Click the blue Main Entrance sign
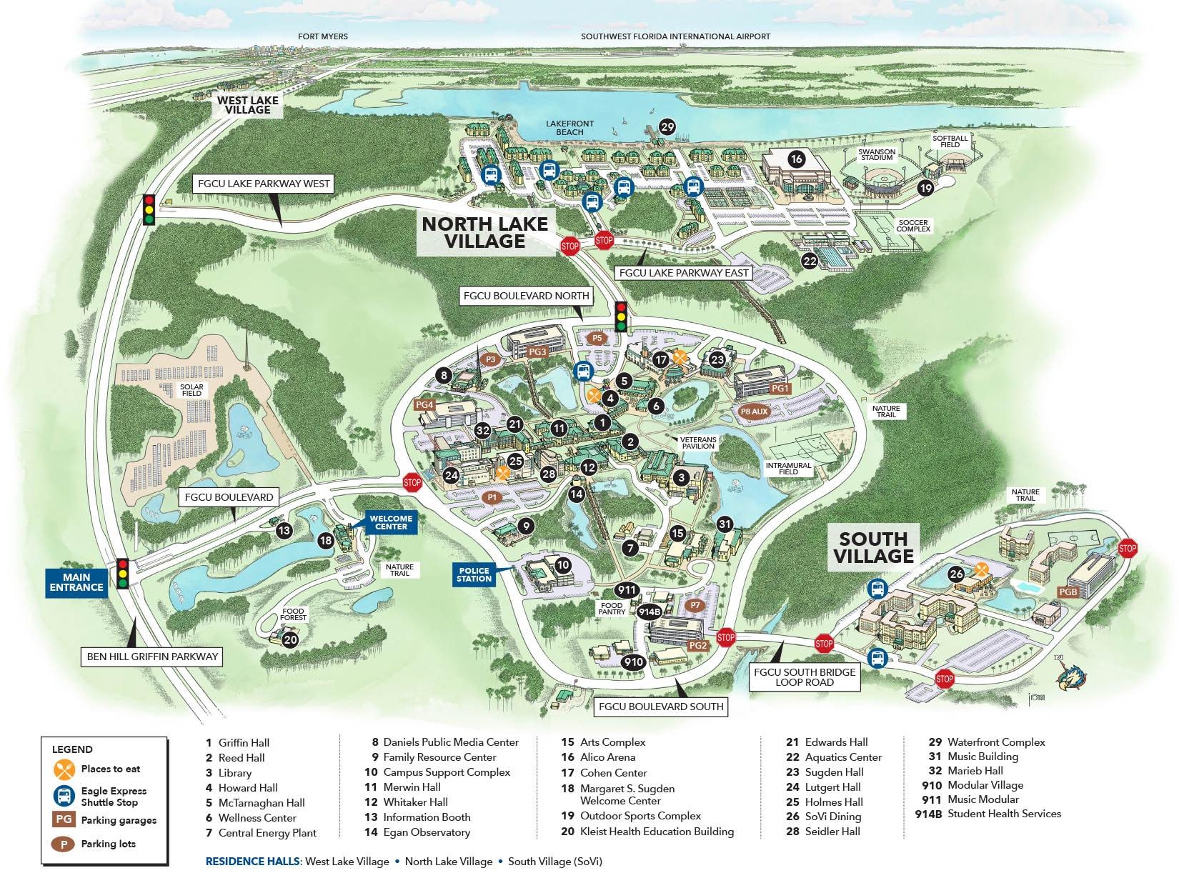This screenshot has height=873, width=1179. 76,582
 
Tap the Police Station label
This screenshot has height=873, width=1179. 474,574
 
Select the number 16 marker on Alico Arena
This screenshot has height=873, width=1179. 796,159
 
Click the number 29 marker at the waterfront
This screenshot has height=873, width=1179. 667,127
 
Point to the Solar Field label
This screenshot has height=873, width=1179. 191,390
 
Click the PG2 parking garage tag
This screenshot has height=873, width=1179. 697,646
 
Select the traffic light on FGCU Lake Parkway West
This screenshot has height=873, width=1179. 149,210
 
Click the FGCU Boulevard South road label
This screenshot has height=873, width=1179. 661,707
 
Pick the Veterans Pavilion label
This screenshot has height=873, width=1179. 698,442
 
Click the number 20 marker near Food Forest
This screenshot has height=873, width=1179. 289,640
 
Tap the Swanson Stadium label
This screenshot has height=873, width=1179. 877,154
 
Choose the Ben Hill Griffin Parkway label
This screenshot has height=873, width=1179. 152,656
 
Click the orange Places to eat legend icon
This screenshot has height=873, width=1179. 64,769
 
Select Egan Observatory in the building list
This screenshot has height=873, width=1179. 426,832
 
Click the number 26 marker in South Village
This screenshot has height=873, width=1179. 956,574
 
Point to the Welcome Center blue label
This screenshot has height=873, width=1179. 391,522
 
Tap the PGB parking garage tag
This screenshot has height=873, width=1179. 1068,592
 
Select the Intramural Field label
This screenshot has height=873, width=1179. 788,469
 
